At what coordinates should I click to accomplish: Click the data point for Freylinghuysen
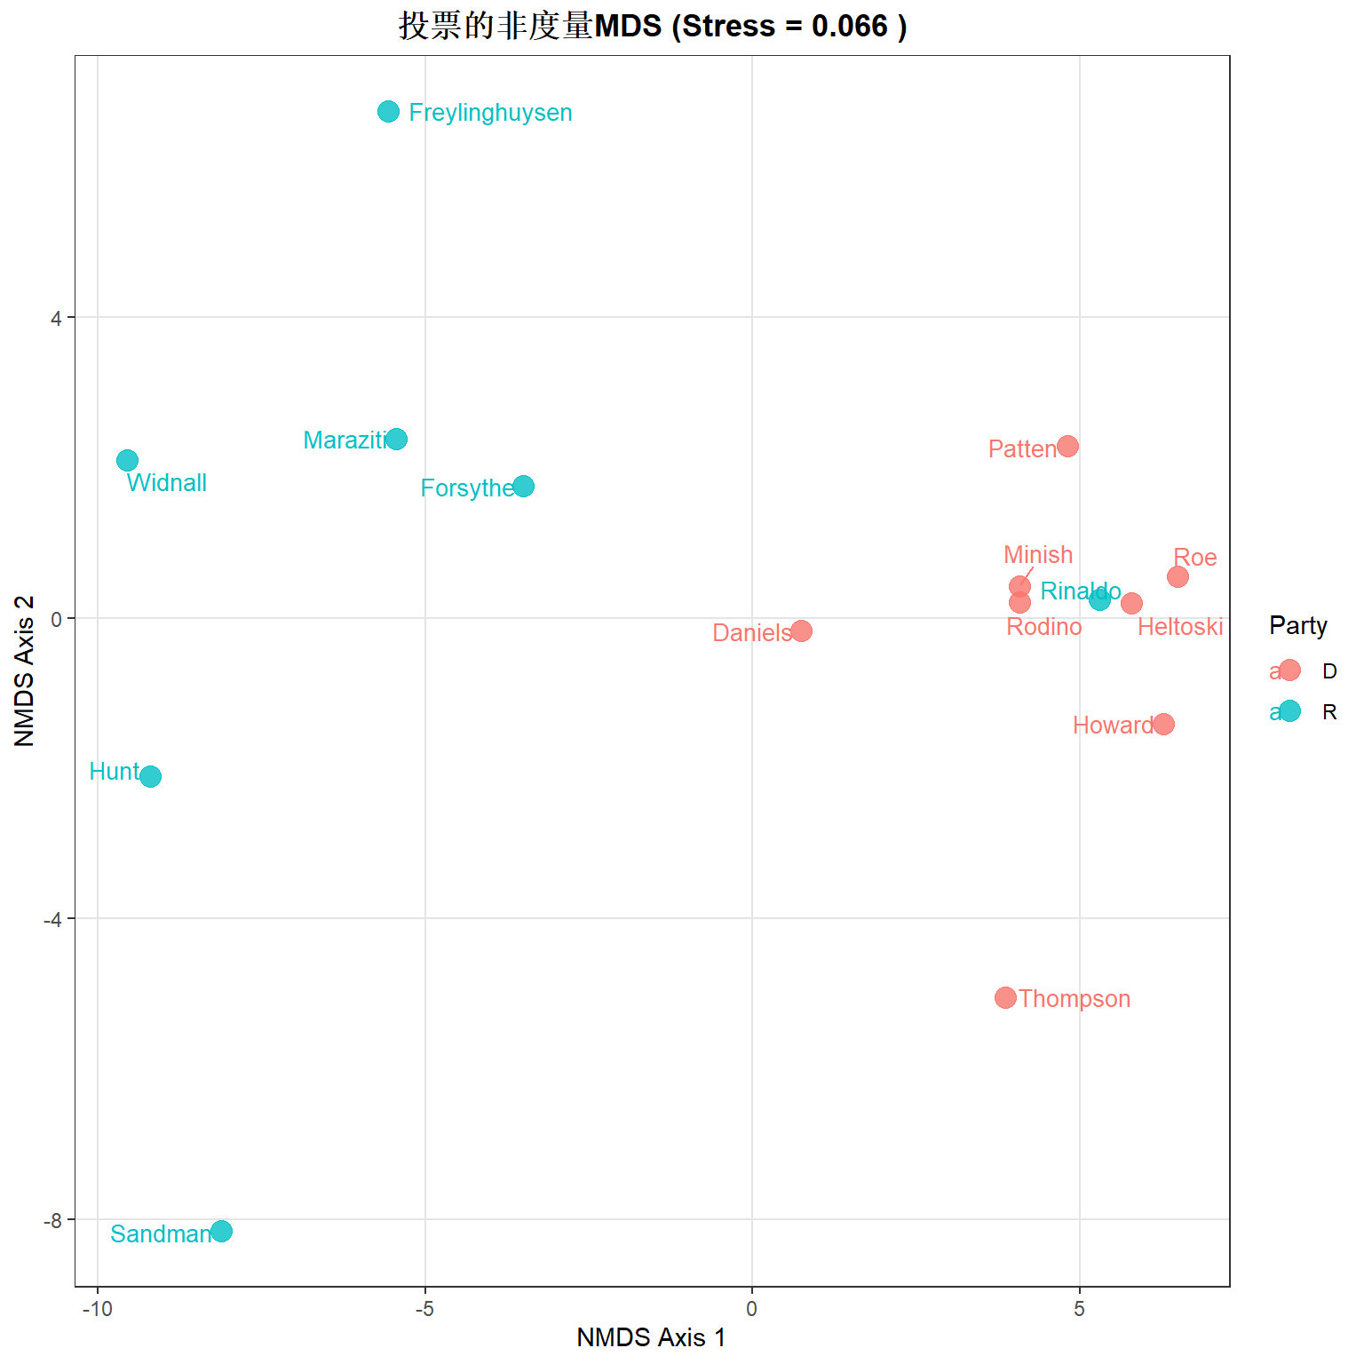(388, 111)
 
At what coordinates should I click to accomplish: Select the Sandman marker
(221, 1231)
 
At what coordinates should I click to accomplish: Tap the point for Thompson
(1005, 997)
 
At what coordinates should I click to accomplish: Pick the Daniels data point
(801, 630)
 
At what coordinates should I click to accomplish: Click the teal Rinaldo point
(1099, 599)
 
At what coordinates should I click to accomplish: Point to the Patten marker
(1067, 446)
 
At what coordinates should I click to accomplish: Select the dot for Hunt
(150, 776)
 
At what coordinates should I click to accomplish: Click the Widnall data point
(127, 460)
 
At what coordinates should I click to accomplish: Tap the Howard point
(1163, 724)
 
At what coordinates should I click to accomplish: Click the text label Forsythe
(467, 488)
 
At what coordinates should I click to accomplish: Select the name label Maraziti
(345, 440)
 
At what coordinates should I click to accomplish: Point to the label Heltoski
(1180, 627)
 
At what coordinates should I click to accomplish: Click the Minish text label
(1038, 555)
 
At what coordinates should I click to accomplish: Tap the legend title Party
(1298, 626)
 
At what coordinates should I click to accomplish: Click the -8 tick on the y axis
(54, 1220)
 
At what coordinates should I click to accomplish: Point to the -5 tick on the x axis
(424, 1309)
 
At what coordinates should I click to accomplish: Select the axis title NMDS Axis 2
(25, 671)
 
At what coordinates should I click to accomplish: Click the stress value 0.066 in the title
(850, 26)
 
